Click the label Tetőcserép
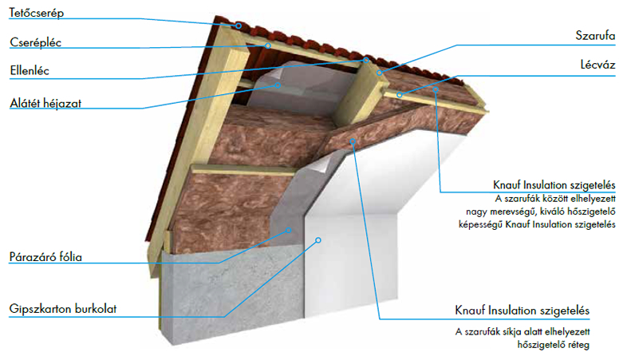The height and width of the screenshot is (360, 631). click(37, 13)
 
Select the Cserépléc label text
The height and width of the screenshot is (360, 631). click(35, 42)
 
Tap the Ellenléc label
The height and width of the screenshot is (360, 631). click(30, 71)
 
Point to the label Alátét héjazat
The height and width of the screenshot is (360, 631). click(45, 104)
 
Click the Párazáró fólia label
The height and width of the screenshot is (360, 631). click(45, 257)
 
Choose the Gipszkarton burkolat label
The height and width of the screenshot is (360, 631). click(63, 309)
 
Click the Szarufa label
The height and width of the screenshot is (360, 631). click(595, 35)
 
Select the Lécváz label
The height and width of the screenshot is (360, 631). click(597, 65)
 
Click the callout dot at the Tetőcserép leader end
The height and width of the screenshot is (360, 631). click(239, 26)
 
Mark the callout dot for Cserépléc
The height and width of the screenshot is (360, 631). click(268, 45)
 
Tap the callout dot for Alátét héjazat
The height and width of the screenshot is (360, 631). click(278, 85)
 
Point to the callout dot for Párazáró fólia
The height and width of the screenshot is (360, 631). click(289, 231)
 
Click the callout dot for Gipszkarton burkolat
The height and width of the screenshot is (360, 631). click(318, 240)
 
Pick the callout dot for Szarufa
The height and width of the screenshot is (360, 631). click(379, 73)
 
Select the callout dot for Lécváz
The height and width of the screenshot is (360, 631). click(399, 95)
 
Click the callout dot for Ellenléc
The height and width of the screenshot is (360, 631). click(366, 60)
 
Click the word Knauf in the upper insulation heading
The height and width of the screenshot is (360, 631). click(507, 185)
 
